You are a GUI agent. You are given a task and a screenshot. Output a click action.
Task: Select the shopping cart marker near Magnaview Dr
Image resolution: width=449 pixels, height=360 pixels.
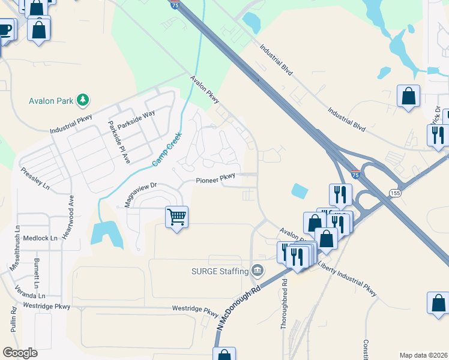click(x=177, y=217)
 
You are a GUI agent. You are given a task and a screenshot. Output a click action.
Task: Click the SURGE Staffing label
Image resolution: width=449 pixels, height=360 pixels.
click(x=220, y=271)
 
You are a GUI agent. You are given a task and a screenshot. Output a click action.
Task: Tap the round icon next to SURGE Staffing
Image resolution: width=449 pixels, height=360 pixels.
click(x=258, y=271)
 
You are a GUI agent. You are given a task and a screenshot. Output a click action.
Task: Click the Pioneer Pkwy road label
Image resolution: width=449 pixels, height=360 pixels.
click(x=215, y=178)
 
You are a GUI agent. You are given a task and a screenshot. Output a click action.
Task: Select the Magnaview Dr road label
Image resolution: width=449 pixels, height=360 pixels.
click(x=140, y=194)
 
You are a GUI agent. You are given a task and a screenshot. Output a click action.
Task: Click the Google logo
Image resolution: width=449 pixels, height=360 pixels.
click(x=20, y=353)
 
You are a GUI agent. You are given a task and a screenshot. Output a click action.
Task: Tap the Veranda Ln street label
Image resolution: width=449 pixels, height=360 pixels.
click(x=30, y=295)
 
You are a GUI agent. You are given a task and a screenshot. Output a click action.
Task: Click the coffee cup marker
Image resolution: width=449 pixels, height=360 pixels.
click(x=5, y=30)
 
